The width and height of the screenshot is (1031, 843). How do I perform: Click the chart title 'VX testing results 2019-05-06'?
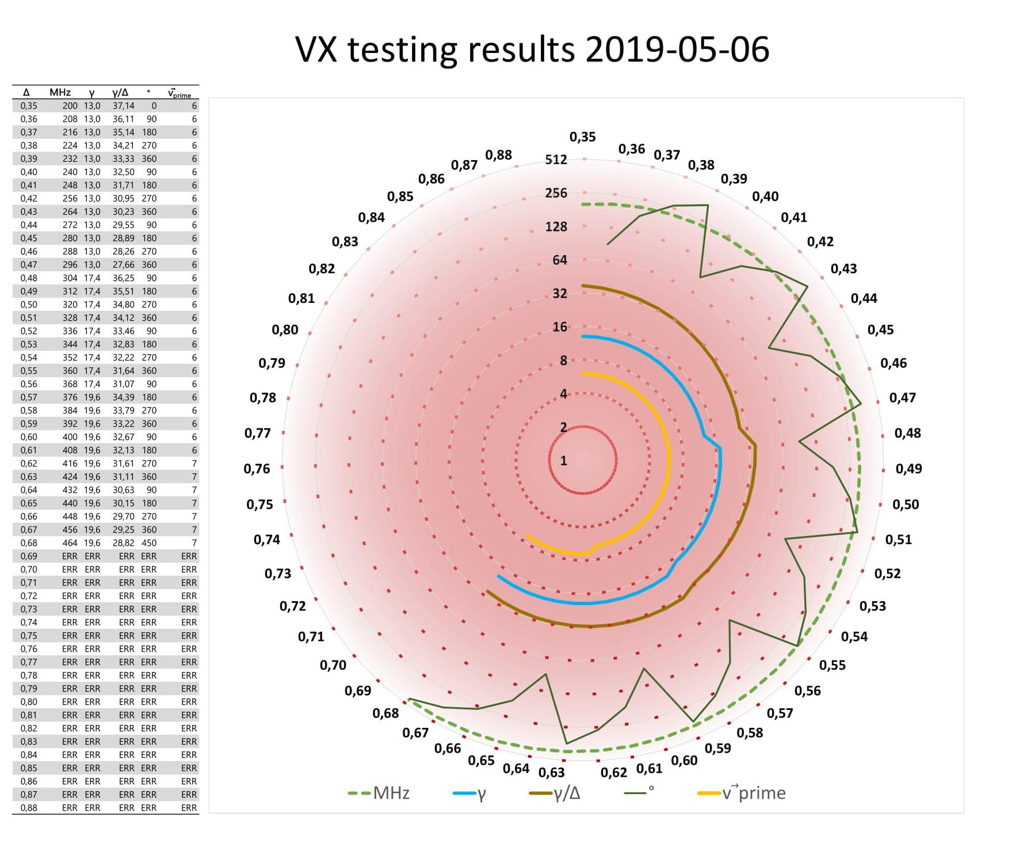532,50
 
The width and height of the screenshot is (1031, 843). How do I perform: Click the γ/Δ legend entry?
555,793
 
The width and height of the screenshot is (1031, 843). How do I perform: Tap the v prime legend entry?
742,793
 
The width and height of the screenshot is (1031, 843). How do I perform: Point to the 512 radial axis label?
556,160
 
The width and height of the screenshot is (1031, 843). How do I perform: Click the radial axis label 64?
560,260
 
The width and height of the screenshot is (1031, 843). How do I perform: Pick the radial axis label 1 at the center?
564,461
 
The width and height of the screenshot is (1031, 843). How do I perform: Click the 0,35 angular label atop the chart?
583,137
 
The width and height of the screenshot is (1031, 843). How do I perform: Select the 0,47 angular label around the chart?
902,398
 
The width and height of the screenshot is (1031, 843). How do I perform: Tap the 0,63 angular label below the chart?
552,772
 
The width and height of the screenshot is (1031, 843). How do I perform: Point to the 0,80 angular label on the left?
285,330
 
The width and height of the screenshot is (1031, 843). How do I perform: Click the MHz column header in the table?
60,93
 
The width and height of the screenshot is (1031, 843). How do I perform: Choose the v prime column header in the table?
180,93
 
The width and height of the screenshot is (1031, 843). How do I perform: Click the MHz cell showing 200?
70,106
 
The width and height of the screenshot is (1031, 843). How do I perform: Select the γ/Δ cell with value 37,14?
123,106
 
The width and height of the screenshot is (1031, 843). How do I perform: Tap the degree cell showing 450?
149,543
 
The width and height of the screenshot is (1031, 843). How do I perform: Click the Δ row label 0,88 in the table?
29,808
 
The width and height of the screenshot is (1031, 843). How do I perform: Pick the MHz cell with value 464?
70,543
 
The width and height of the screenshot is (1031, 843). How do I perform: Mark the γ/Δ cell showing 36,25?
123,278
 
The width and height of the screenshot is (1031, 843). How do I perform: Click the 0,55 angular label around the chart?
833,665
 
